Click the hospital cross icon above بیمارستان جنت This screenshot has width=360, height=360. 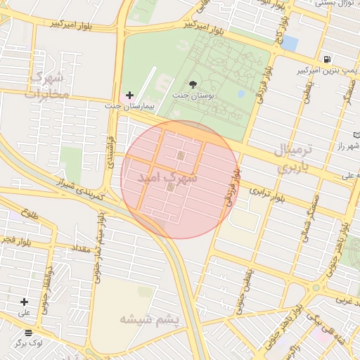coord(129,94)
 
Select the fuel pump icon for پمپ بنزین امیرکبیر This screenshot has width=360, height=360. coord(327,59)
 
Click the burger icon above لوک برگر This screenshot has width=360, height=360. coord(28,333)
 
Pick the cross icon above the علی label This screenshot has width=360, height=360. coord(25,301)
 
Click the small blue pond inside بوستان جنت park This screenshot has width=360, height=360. coord(241,93)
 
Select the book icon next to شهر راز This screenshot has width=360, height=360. coord(357,134)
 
